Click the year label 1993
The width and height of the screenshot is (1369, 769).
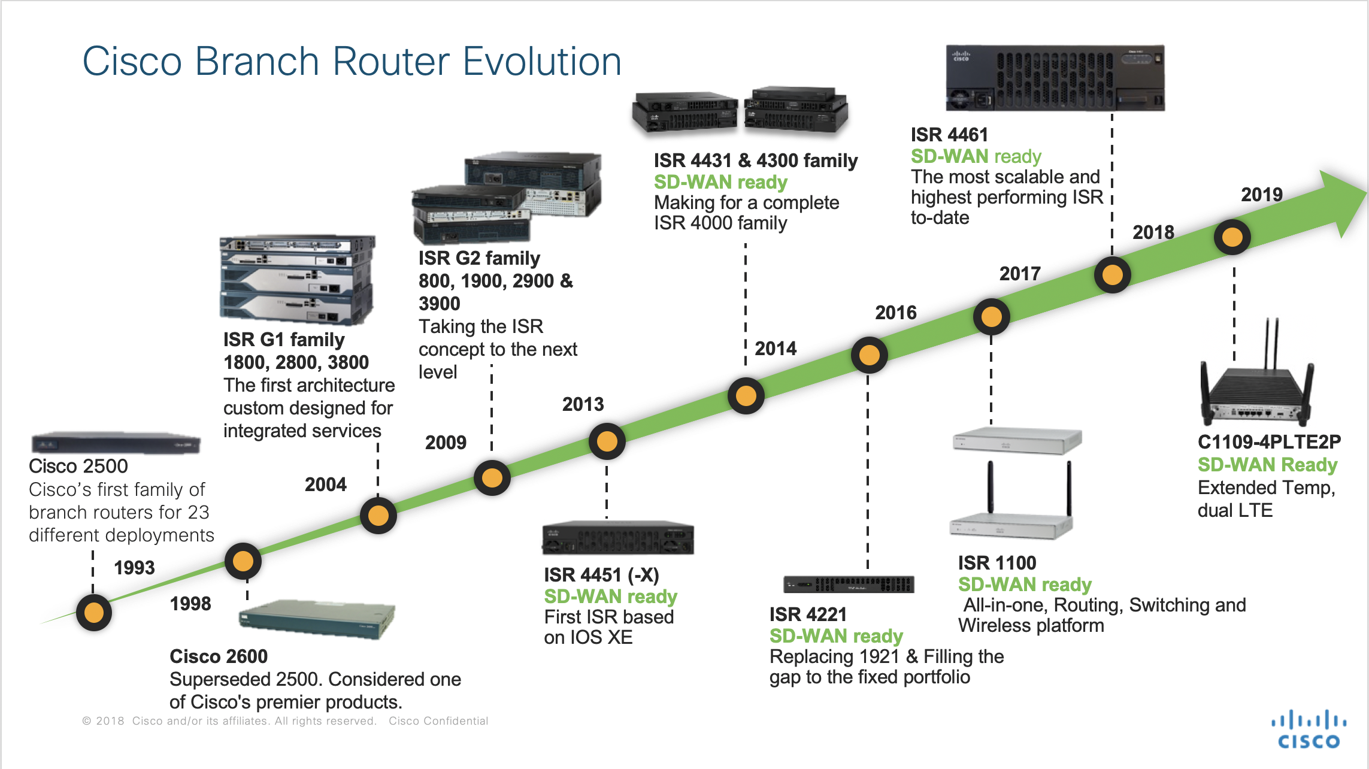pos(134,567)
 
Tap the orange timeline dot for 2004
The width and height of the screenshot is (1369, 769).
pos(378,515)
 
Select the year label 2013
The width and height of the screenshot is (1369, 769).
pos(583,404)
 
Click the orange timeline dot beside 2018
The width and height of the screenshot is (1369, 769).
pos(1112,275)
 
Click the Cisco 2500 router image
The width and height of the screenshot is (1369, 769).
pos(116,443)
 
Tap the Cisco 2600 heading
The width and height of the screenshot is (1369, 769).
pos(219,656)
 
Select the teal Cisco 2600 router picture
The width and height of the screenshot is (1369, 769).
pos(317,619)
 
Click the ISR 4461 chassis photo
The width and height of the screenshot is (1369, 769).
pos(1055,78)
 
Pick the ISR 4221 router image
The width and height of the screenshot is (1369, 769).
pos(849,584)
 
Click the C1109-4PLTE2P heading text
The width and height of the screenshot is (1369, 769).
pos(1269,442)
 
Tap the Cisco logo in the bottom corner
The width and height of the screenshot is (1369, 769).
pos(1309,729)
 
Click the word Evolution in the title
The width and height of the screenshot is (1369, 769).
pos(542,62)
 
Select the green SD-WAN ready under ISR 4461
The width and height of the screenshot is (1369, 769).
pos(976,156)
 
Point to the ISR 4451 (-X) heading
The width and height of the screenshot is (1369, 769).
pos(601,575)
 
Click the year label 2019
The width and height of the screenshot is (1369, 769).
pos(1261,195)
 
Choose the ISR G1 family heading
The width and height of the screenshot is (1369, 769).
pos(284,340)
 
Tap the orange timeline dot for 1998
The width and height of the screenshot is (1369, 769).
pos(243,561)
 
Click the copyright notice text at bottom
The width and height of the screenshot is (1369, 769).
pos(285,721)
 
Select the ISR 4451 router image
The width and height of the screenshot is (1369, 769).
pos(617,538)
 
